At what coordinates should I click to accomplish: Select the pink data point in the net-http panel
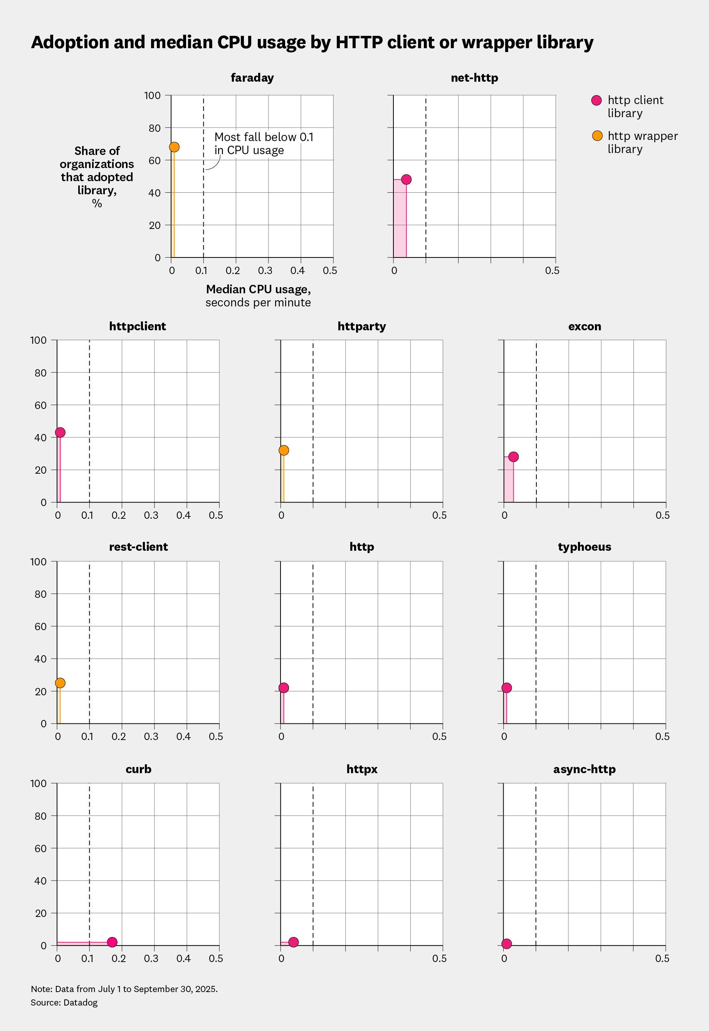(406, 180)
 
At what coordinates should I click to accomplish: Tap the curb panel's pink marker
(112, 942)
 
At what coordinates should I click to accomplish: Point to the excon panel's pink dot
(513, 457)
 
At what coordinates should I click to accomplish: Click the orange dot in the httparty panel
(284, 450)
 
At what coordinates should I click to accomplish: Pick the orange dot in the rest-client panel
(60, 683)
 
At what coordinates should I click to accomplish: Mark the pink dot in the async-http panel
(506, 944)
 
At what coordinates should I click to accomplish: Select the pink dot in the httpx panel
(293, 942)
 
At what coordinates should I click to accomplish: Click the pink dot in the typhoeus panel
(506, 688)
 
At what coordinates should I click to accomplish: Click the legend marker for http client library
(596, 101)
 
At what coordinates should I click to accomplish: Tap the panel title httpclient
(137, 326)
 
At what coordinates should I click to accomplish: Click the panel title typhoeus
(584, 547)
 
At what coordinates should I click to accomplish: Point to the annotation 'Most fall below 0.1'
(264, 137)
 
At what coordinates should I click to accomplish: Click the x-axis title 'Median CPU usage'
(258, 290)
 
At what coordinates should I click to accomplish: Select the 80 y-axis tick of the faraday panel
(154, 128)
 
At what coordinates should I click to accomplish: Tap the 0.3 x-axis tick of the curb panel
(151, 959)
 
